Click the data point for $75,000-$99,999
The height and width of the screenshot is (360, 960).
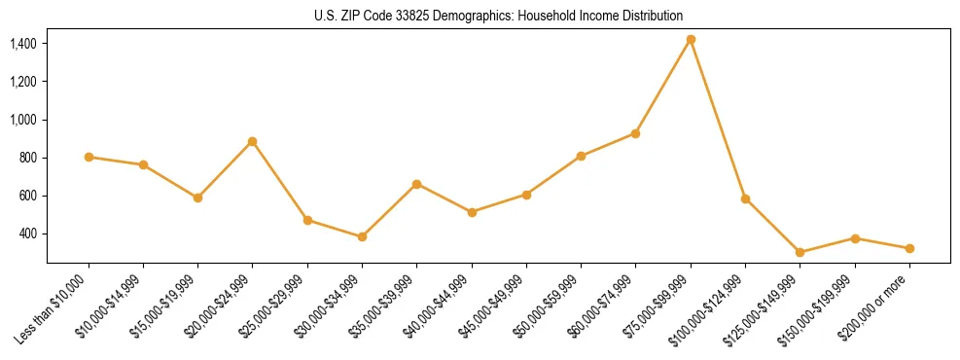click(691, 40)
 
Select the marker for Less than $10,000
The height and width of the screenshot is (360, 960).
click(89, 157)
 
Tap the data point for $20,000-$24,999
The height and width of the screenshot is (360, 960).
click(253, 141)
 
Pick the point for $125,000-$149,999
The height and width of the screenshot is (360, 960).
click(800, 252)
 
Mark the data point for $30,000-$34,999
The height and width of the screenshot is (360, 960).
click(362, 236)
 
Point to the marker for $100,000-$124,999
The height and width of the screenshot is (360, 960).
click(745, 198)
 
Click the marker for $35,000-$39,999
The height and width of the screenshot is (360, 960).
click(417, 184)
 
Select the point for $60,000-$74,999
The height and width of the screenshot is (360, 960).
click(636, 133)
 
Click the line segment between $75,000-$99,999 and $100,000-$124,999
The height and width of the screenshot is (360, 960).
click(718, 120)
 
